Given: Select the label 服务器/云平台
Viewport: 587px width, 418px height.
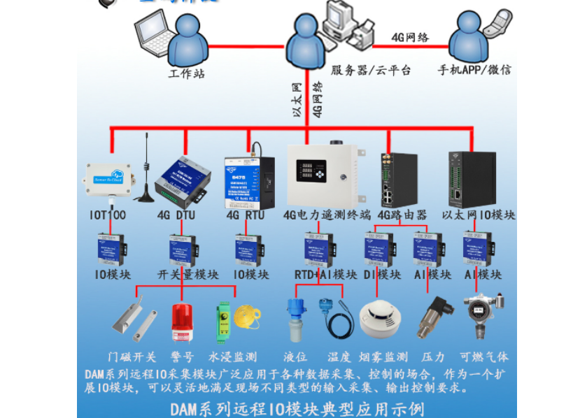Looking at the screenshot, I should click(371, 71).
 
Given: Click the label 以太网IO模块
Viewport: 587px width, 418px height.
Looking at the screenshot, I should click(480, 215).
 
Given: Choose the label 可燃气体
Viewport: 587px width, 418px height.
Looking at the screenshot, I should click(484, 357).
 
